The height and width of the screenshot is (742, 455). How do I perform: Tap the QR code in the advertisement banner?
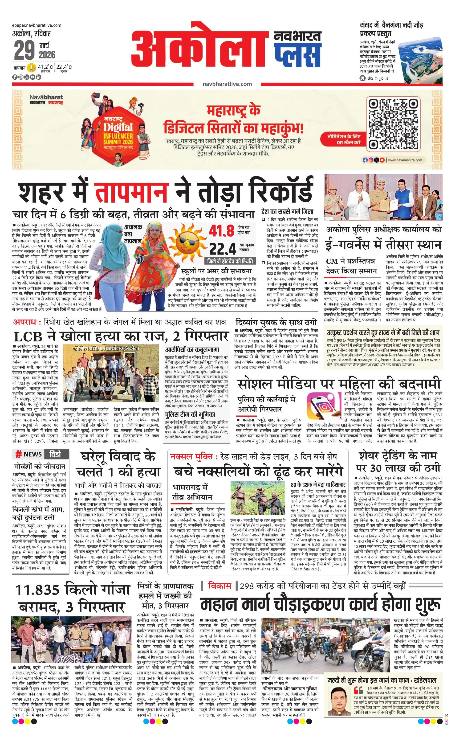394,125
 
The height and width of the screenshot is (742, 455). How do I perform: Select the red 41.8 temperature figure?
221,231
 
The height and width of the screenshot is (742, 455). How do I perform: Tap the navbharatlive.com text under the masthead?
227,84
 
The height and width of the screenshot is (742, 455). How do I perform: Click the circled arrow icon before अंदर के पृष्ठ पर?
363,78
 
